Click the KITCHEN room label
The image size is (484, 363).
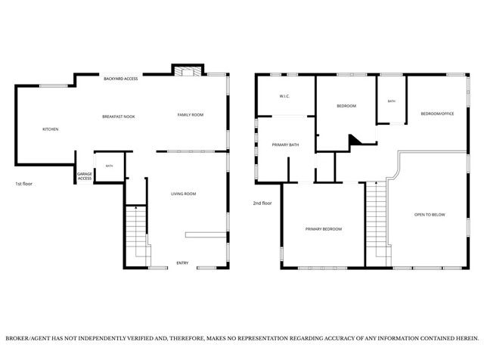(x=51, y=129)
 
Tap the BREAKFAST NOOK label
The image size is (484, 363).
(x=119, y=116)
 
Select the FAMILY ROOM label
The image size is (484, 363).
(x=191, y=114)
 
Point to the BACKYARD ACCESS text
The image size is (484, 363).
(x=121, y=79)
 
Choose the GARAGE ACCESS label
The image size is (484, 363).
(x=85, y=176)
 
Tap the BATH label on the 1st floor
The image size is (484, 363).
(x=109, y=166)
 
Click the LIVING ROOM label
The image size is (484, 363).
(x=184, y=194)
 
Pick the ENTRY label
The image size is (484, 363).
(x=182, y=263)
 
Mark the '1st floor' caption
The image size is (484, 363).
(x=23, y=184)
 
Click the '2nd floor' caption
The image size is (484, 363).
(x=262, y=203)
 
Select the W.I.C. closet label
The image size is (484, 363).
(x=284, y=96)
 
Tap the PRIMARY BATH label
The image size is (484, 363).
(x=286, y=144)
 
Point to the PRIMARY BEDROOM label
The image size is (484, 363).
(x=324, y=229)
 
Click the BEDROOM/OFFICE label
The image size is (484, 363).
(x=437, y=113)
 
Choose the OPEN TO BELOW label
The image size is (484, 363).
(x=430, y=215)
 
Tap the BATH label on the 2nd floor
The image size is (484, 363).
(x=392, y=101)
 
